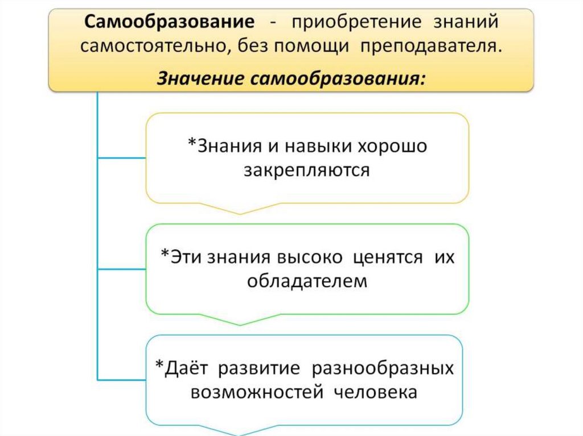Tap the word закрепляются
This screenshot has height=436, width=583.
(x=307, y=170)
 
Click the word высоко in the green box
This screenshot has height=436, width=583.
(x=310, y=257)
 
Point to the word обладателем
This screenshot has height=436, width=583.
(x=307, y=281)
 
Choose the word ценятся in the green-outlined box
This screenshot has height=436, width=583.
(x=388, y=257)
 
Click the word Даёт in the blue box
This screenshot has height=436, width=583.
(x=186, y=368)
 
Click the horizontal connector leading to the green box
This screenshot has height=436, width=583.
(x=122, y=268)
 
